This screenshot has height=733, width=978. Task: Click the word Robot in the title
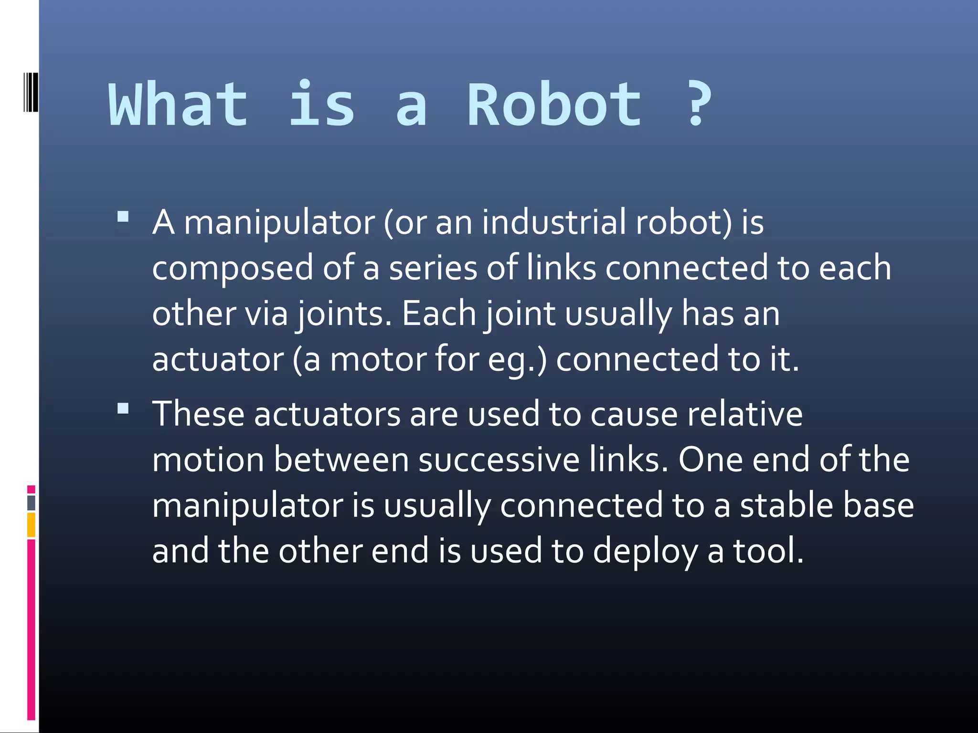pos(554,105)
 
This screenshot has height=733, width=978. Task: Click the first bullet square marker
pos(123,218)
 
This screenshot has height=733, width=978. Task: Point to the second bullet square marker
pos(123,409)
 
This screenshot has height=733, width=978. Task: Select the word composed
pos(233,268)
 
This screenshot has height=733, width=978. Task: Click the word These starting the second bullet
pos(198,414)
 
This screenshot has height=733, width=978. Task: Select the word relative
pos(745,414)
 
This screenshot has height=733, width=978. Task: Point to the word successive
pos(499,460)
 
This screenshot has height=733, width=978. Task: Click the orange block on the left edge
pos(31,525)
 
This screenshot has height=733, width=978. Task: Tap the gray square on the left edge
pos(31,503)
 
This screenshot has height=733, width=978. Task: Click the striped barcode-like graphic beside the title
pos(31,92)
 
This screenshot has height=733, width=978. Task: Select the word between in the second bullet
pos(341,460)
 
